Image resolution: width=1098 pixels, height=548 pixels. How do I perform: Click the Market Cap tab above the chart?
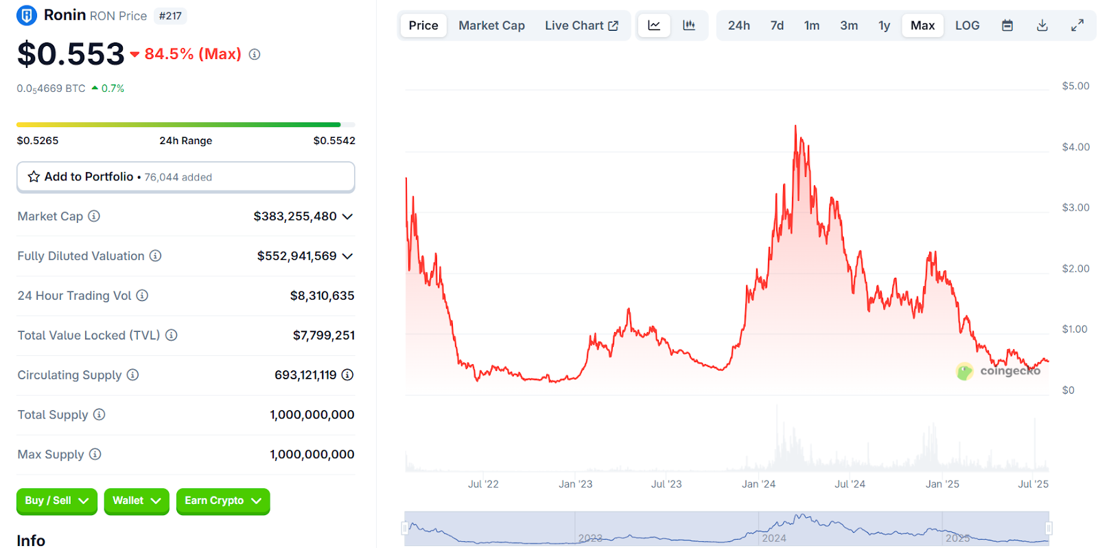(491, 25)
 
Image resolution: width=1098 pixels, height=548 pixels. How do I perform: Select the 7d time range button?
(777, 25)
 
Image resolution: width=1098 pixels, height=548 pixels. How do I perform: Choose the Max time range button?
(922, 25)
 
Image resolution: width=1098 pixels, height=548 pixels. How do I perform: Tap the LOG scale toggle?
(967, 25)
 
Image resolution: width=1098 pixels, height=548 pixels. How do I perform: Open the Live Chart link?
(581, 25)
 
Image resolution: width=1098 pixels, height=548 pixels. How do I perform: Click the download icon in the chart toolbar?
(1042, 25)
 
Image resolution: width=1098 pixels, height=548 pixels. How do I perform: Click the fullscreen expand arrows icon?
(1077, 25)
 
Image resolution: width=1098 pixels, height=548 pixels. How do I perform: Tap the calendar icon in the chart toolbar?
(1007, 25)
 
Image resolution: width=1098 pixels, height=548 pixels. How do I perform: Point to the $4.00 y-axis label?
(1075, 147)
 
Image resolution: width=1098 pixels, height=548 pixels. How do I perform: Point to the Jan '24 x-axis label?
(758, 484)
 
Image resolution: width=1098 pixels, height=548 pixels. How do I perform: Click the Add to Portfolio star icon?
(34, 177)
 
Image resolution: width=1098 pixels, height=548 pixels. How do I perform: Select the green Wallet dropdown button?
(137, 501)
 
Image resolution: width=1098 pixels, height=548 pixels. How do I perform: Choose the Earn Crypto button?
(222, 501)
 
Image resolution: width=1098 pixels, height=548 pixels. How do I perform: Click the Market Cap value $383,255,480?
(295, 217)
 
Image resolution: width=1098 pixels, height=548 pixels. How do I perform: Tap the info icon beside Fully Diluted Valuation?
(156, 256)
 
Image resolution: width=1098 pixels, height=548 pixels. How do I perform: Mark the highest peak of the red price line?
(795, 126)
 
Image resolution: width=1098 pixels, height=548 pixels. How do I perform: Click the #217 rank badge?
(170, 16)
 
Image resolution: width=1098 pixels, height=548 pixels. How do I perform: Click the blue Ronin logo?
(27, 15)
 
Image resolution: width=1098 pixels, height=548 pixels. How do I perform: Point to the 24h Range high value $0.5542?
(334, 141)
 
